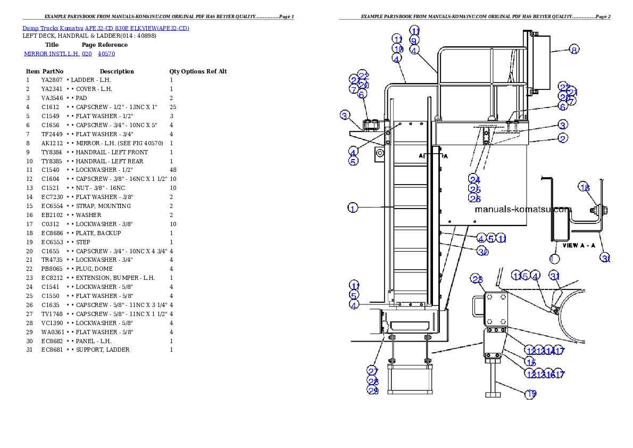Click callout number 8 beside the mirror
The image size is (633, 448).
(x=573, y=50)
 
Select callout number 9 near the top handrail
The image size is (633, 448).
(x=414, y=40)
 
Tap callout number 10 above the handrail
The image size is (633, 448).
(x=398, y=49)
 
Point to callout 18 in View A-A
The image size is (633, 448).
(x=585, y=188)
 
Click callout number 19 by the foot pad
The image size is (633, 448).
(x=531, y=394)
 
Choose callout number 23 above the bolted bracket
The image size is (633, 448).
(x=477, y=279)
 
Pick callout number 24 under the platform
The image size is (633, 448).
(x=474, y=180)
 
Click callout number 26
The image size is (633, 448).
(x=475, y=198)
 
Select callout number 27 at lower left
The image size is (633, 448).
(x=372, y=371)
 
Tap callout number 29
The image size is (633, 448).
(x=372, y=391)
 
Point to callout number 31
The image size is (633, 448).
(x=555, y=276)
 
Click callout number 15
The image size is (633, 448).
(x=530, y=362)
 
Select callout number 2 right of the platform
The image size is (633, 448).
(x=563, y=138)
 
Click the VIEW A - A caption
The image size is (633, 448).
(x=577, y=246)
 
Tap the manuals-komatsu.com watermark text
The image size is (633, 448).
(x=522, y=209)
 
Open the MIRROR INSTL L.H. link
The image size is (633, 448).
(x=69, y=54)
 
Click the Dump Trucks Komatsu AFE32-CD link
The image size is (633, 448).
(x=106, y=28)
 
